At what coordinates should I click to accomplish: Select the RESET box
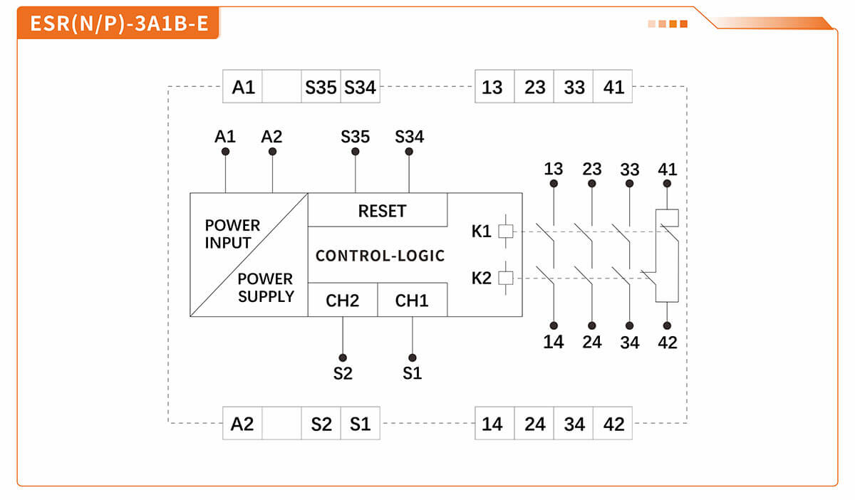click(381, 211)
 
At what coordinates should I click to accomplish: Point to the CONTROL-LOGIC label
click(380, 256)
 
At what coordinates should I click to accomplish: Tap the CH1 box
click(412, 301)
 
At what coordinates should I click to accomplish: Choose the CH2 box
click(342, 301)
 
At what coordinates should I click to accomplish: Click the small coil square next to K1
click(505, 231)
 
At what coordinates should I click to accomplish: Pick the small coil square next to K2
click(505, 278)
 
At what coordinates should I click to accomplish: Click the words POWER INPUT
click(232, 234)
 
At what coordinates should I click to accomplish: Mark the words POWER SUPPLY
click(265, 288)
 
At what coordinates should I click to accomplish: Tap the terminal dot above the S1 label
click(412, 358)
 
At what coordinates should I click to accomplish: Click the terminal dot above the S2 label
click(343, 358)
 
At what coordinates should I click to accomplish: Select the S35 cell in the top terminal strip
click(321, 87)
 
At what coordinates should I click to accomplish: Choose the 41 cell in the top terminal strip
click(613, 87)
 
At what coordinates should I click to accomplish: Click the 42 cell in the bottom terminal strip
click(613, 425)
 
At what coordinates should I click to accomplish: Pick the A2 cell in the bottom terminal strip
click(242, 425)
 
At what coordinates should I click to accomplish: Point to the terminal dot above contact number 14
click(554, 325)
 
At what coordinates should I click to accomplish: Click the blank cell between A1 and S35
click(281, 87)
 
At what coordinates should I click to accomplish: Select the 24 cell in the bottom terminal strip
click(534, 425)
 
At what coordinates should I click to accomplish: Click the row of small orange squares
click(668, 24)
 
